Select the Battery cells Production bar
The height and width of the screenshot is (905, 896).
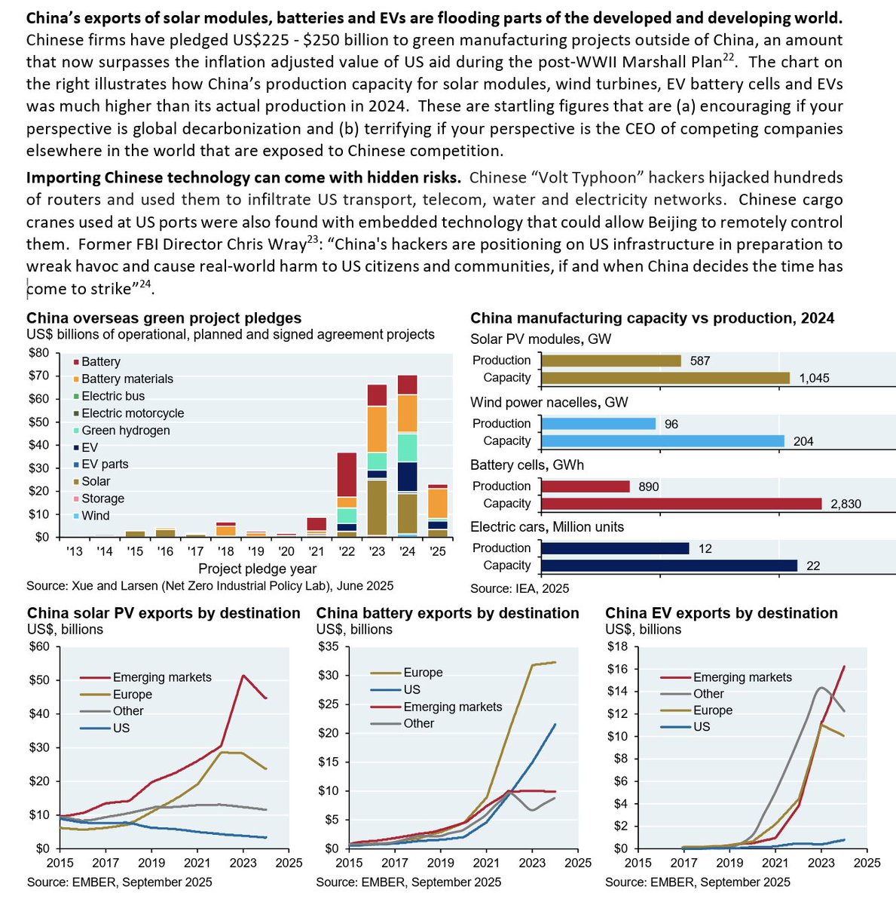tap(586, 486)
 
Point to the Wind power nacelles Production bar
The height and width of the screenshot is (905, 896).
tap(598, 424)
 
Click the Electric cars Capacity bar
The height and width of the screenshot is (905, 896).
tap(669, 566)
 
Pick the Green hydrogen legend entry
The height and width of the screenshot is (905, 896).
tap(125, 431)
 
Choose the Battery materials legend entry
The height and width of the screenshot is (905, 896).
tap(127, 379)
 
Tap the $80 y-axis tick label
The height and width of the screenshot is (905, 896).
tap(39, 353)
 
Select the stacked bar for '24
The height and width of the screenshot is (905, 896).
tap(408, 456)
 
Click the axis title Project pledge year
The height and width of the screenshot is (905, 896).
tap(257, 569)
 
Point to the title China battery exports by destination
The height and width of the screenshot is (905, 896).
tap(448, 613)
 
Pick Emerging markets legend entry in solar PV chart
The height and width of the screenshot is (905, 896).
tap(162, 677)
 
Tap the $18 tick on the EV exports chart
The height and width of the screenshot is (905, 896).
tap(618, 646)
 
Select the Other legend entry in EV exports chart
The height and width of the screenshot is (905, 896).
tap(708, 694)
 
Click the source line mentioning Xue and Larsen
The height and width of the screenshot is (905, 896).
tap(209, 586)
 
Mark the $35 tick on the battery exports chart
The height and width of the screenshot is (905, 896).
tap(329, 646)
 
